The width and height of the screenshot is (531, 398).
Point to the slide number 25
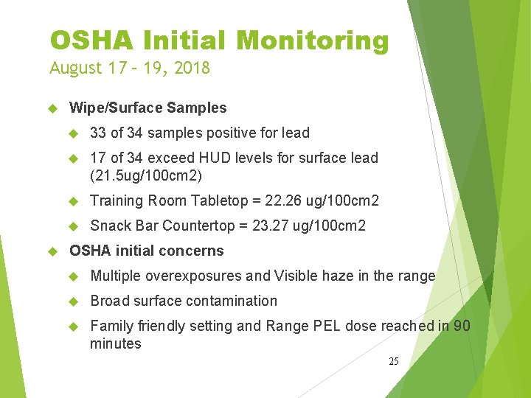(x=394, y=361)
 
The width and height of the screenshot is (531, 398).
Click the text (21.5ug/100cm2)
(x=146, y=175)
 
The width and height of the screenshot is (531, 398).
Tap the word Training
(x=117, y=200)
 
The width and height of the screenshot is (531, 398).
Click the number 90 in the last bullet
(x=462, y=326)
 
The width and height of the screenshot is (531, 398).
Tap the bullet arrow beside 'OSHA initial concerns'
(x=52, y=251)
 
